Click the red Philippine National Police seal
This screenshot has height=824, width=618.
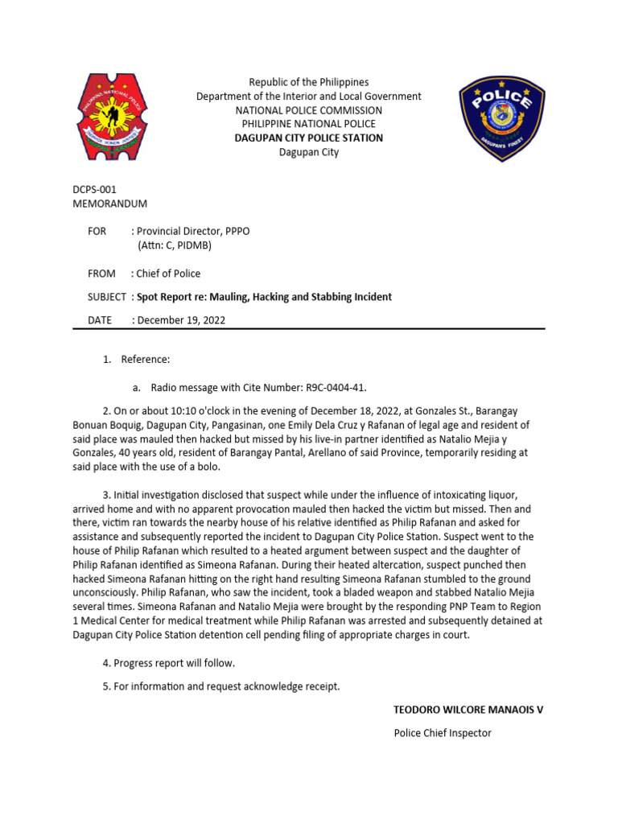pyautogui.click(x=113, y=116)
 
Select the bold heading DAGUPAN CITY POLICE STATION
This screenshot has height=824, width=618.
pyautogui.click(x=308, y=138)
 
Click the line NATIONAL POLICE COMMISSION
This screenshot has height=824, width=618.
pyautogui.click(x=308, y=109)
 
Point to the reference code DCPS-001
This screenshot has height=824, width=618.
pyautogui.click(x=95, y=190)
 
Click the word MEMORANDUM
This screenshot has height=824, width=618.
pyautogui.click(x=110, y=204)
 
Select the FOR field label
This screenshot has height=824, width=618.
pyautogui.click(x=97, y=231)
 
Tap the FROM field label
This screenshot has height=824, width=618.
pyautogui.click(x=101, y=274)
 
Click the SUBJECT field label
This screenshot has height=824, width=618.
pyautogui.click(x=107, y=297)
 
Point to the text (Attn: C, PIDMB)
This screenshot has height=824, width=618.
pyautogui.click(x=185, y=245)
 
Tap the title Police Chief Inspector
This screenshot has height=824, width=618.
pyautogui.click(x=442, y=732)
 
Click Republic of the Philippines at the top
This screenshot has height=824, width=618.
pyautogui.click(x=308, y=82)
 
